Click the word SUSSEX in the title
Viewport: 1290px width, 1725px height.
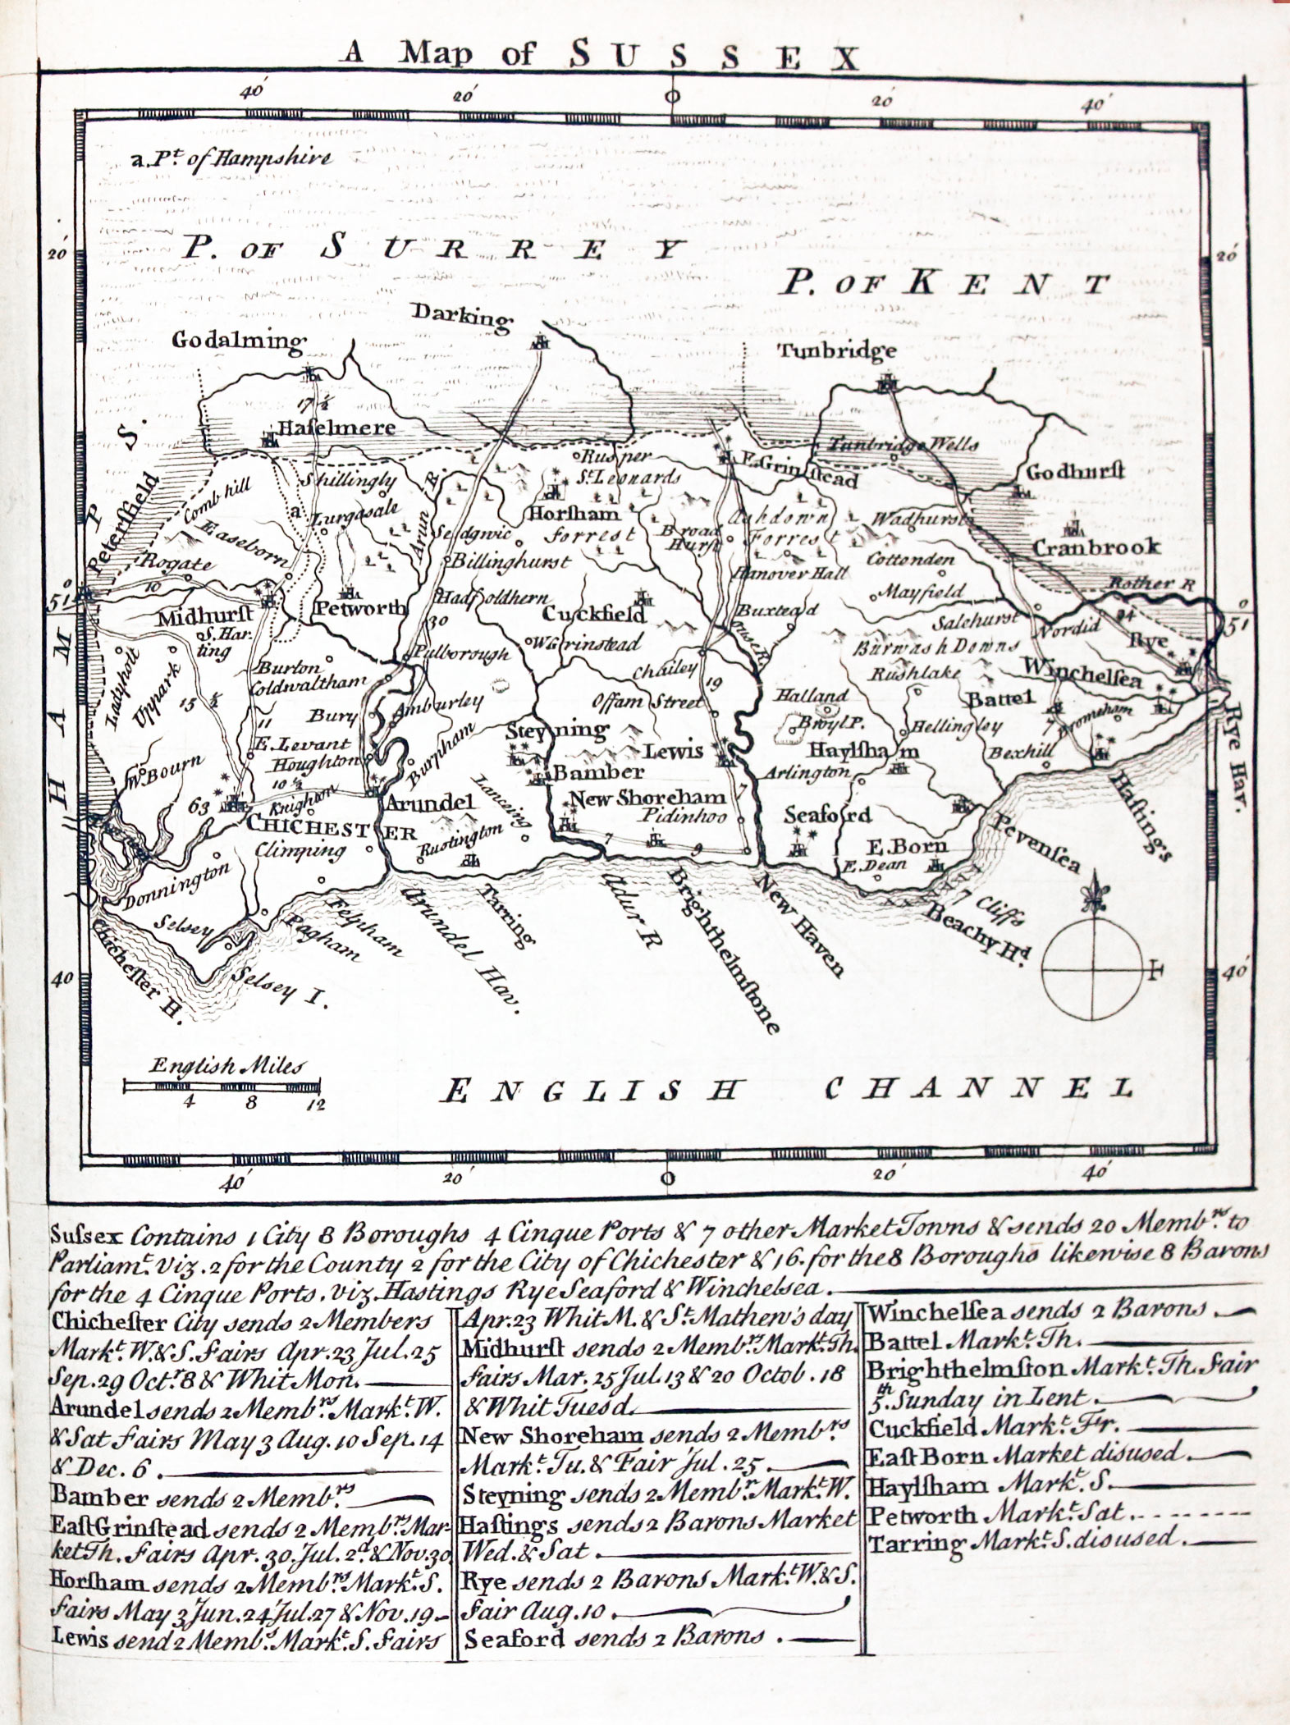pos(714,57)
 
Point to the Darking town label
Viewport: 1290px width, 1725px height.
pos(462,314)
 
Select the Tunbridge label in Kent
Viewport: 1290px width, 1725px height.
pos(837,352)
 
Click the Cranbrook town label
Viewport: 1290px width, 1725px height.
pos(1096,547)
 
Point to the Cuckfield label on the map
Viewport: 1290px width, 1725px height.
pos(594,614)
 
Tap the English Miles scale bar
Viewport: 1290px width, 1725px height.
pos(222,1087)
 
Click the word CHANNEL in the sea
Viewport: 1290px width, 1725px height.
pos(977,1089)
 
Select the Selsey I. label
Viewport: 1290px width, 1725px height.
pos(279,987)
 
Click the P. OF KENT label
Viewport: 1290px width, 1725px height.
pos(944,284)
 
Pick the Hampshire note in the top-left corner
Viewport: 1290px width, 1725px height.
pos(232,158)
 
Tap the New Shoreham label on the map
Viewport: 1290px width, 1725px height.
pos(647,797)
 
